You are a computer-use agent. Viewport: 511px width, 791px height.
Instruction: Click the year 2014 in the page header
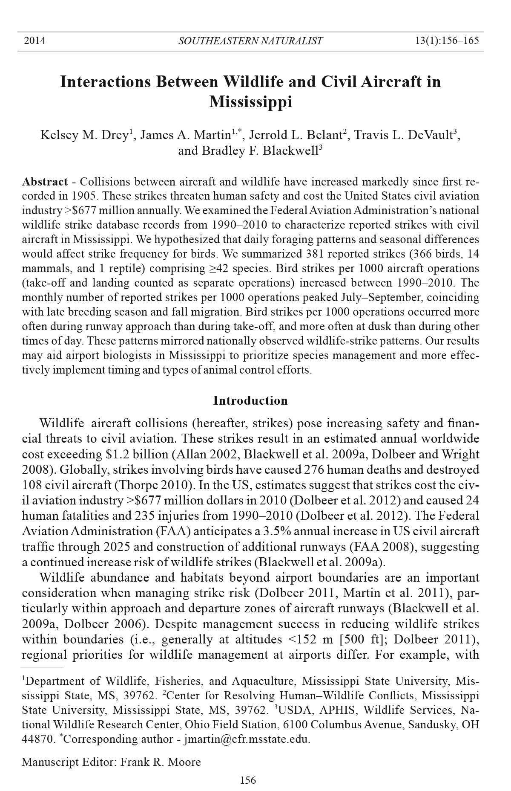pos(34,41)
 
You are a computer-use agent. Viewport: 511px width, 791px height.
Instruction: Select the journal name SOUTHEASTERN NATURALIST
pos(250,41)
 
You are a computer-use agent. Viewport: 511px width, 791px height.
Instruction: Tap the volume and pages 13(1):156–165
pos(447,41)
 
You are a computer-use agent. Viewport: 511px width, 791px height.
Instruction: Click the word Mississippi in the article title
pos(250,102)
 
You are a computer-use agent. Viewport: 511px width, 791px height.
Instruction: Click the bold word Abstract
pos(45,182)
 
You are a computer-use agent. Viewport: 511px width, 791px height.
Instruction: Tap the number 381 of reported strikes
pos(316,255)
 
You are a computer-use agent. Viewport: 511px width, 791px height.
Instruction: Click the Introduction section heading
pos(250,401)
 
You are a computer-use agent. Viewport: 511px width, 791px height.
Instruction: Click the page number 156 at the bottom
pos(248,780)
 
